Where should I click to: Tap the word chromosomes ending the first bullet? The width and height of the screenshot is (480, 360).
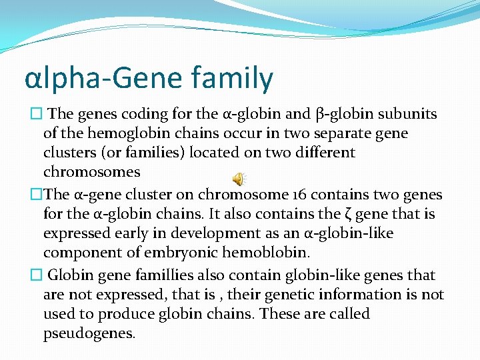(x=91, y=172)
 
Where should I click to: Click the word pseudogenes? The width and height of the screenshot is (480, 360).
(x=89, y=333)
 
